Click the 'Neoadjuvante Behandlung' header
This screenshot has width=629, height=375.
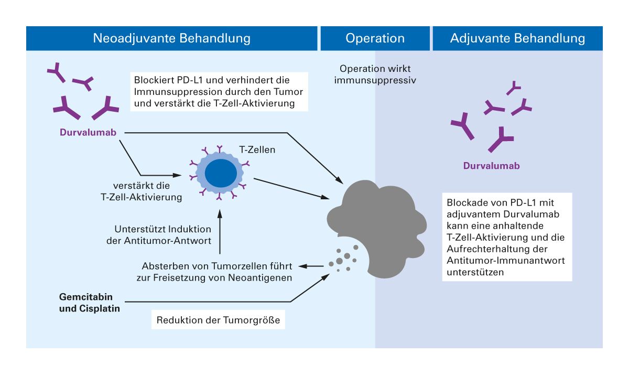[171, 38]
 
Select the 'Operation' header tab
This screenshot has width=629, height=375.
[375, 38]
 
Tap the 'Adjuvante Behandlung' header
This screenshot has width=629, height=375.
[517, 38]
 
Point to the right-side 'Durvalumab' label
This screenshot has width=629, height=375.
[491, 166]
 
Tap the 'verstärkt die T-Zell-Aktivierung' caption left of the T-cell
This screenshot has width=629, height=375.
[147, 192]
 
